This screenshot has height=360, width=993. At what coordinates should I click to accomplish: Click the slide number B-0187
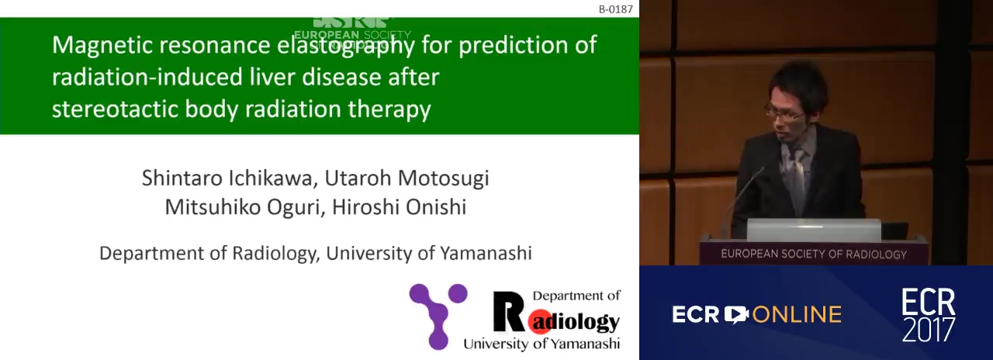(616, 9)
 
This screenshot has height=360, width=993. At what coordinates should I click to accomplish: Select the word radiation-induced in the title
(147, 77)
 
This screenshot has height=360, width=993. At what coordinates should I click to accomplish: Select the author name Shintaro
(182, 178)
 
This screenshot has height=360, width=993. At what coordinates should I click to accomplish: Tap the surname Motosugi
(443, 178)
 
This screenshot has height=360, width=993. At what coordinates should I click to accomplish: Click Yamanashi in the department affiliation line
(486, 253)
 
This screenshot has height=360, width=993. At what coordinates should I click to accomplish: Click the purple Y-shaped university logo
(438, 316)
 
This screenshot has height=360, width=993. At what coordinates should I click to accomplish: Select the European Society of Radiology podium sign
(814, 254)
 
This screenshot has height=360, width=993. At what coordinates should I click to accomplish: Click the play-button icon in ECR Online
(736, 314)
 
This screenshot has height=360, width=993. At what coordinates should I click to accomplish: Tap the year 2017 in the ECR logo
(929, 328)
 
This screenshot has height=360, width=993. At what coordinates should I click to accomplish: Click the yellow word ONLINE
(797, 314)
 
